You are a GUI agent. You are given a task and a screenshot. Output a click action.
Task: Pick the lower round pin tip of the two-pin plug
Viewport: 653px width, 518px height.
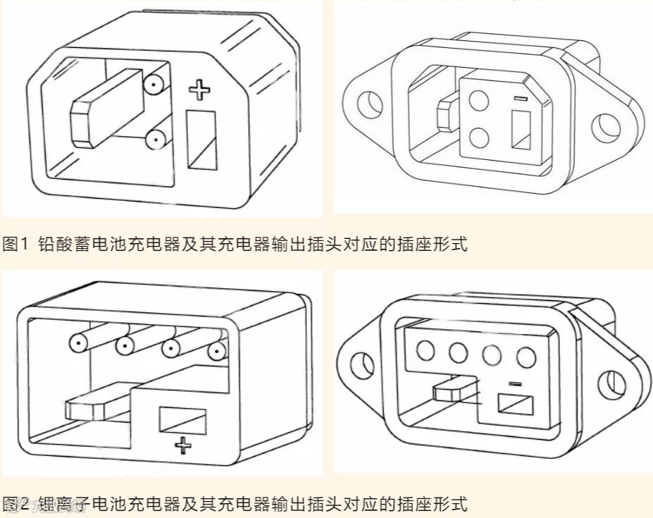point(154,140)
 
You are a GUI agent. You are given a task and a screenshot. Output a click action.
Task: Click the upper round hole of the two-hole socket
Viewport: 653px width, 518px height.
point(479,100)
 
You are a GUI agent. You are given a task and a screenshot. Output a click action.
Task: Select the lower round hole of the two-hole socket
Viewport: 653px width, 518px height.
point(479,135)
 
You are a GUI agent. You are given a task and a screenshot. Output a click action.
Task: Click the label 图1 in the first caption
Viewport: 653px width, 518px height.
point(14,245)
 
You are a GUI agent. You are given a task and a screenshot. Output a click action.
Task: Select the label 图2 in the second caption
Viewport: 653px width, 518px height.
point(14,504)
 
